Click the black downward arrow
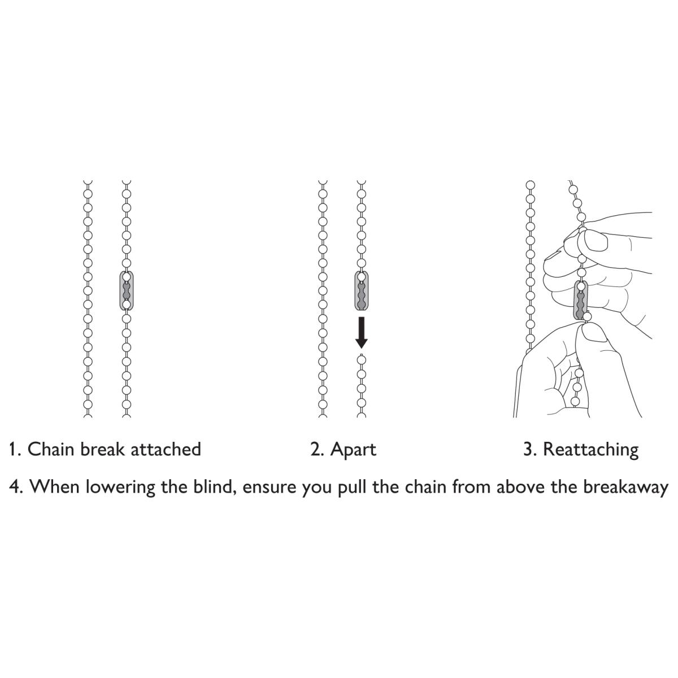[x=362, y=332]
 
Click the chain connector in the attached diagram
[x=127, y=290]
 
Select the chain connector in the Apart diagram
[x=362, y=290]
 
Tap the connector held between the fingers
[x=581, y=300]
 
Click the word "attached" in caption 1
[x=166, y=449]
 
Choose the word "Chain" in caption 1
[x=51, y=449]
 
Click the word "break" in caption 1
[x=103, y=449]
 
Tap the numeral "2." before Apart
[x=318, y=450]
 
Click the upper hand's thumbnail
[x=596, y=241]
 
